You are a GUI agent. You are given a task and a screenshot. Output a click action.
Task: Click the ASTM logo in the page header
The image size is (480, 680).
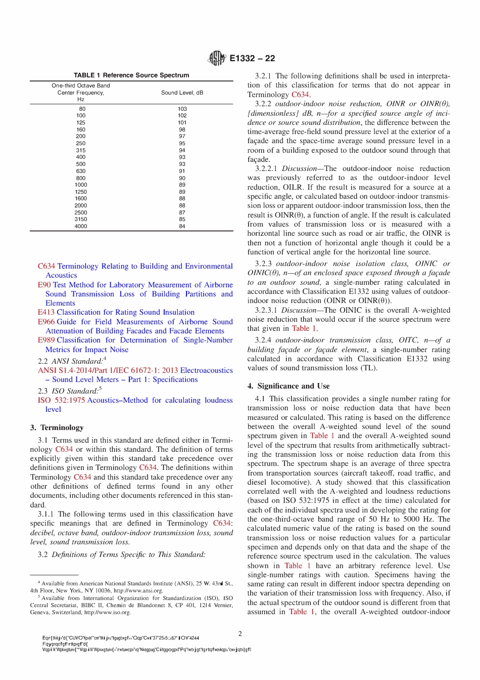tap(217, 58)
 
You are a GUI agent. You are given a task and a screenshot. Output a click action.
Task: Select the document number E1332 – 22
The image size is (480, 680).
tap(252, 58)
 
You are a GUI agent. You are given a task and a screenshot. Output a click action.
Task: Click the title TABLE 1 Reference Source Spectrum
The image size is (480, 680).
tap(131, 75)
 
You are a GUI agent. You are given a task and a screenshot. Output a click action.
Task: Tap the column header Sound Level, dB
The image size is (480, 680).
tap(182, 93)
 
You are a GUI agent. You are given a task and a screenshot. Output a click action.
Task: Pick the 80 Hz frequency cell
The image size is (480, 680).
tap(82, 109)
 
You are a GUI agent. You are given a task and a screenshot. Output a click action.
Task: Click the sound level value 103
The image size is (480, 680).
tap(182, 109)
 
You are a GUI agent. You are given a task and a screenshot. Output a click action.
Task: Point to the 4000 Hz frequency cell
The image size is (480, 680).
tap(81, 226)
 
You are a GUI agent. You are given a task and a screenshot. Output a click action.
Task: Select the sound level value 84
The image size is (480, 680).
tap(182, 226)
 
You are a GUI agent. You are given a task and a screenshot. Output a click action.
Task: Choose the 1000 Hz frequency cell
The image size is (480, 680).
tap(81, 185)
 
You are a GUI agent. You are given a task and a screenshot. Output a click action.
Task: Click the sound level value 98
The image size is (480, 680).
tap(182, 130)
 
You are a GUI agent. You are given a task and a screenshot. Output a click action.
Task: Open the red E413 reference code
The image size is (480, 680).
tap(46, 312)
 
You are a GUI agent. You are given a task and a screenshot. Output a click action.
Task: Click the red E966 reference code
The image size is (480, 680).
tap(46, 322)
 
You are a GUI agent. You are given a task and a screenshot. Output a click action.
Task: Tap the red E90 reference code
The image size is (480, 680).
tap(44, 285)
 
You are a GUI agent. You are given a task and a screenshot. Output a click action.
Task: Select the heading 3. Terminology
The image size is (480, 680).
tap(57, 428)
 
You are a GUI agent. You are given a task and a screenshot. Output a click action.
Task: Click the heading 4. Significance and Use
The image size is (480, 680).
tap(288, 386)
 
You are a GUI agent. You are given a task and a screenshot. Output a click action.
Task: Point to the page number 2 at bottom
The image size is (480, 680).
tap(240, 633)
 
